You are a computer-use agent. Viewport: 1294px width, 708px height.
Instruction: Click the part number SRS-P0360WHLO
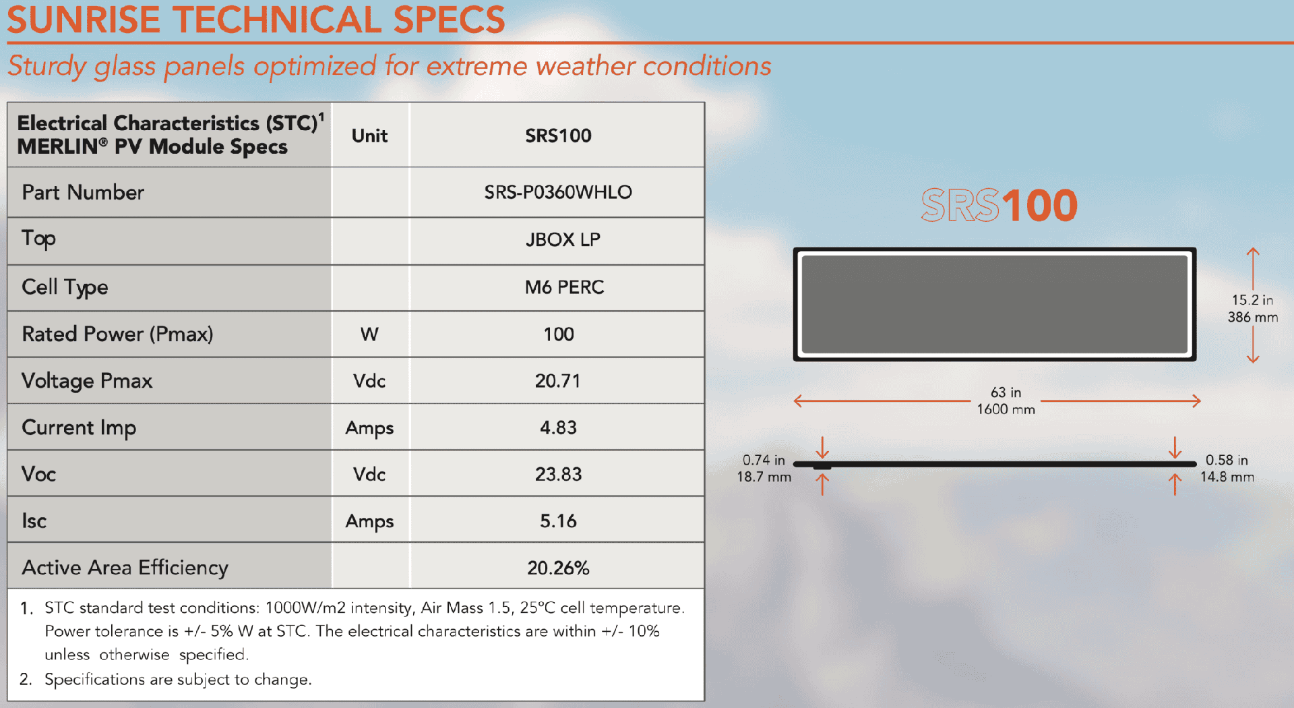558,192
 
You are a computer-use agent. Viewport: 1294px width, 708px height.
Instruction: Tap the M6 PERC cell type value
564,287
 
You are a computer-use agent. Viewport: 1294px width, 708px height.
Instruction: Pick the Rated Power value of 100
559,334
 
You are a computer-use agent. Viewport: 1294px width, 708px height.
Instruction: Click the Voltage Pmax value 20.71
557,381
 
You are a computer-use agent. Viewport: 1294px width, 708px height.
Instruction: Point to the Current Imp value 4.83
558,427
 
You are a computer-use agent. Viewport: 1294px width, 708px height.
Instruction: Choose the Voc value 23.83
558,474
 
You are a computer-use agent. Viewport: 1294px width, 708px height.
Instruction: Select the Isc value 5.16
558,521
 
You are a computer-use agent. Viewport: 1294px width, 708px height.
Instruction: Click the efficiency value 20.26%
558,568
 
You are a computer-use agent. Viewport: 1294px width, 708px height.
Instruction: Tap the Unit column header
369,136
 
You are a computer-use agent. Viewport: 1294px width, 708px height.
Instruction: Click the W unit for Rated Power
369,334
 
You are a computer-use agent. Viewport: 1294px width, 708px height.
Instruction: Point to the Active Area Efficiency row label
125,568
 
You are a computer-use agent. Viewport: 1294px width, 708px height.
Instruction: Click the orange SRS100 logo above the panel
999,205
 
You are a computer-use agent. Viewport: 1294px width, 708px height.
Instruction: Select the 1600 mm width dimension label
1006,409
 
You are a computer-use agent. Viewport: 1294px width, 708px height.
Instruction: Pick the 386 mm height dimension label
1252,317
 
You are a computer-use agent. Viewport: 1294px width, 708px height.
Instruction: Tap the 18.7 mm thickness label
764,477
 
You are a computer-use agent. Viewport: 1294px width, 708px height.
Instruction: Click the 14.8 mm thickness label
1227,477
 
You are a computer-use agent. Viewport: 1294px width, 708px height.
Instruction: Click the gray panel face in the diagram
994,304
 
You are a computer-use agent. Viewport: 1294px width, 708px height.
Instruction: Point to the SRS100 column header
558,136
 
